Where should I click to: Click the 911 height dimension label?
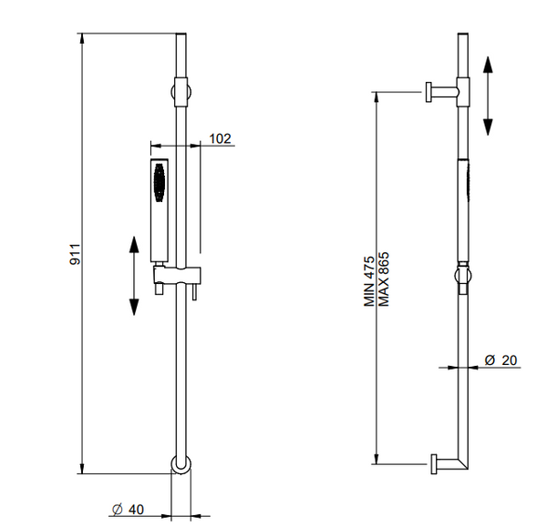76,254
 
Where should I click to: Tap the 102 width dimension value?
220,138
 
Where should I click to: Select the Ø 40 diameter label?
128,510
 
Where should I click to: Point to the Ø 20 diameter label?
501,360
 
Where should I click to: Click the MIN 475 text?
369,281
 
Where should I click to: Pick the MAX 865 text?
384,279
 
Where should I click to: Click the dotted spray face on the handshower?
159,183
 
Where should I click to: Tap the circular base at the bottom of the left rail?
181,464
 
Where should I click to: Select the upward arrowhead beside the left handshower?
134,244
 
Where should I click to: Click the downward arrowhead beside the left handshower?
134,308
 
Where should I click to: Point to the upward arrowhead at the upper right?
488,64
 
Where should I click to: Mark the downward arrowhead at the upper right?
488,127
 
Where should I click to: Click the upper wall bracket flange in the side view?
428,92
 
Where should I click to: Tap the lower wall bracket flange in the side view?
434,464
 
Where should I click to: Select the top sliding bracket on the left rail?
181,92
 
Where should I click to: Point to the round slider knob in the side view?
463,276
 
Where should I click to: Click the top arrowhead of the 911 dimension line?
82,37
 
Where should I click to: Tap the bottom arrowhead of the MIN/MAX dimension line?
376,459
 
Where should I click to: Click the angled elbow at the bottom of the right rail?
462,464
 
